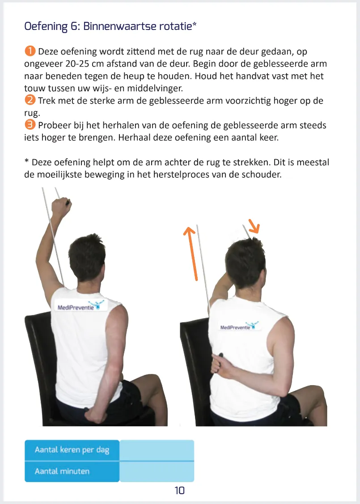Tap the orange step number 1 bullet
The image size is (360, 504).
tap(29, 52)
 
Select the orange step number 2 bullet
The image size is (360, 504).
tap(29, 101)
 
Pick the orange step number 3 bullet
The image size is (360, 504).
tap(29, 125)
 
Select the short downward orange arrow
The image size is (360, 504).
tap(254, 226)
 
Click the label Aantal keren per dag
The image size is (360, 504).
tap(72, 449)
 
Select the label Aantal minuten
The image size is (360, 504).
tap(62, 471)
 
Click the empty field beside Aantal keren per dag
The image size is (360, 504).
tap(157, 449)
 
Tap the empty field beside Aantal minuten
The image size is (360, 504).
tap(157, 471)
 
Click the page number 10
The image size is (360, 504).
tap(180, 491)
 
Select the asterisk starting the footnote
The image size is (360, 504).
tap(26, 161)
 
